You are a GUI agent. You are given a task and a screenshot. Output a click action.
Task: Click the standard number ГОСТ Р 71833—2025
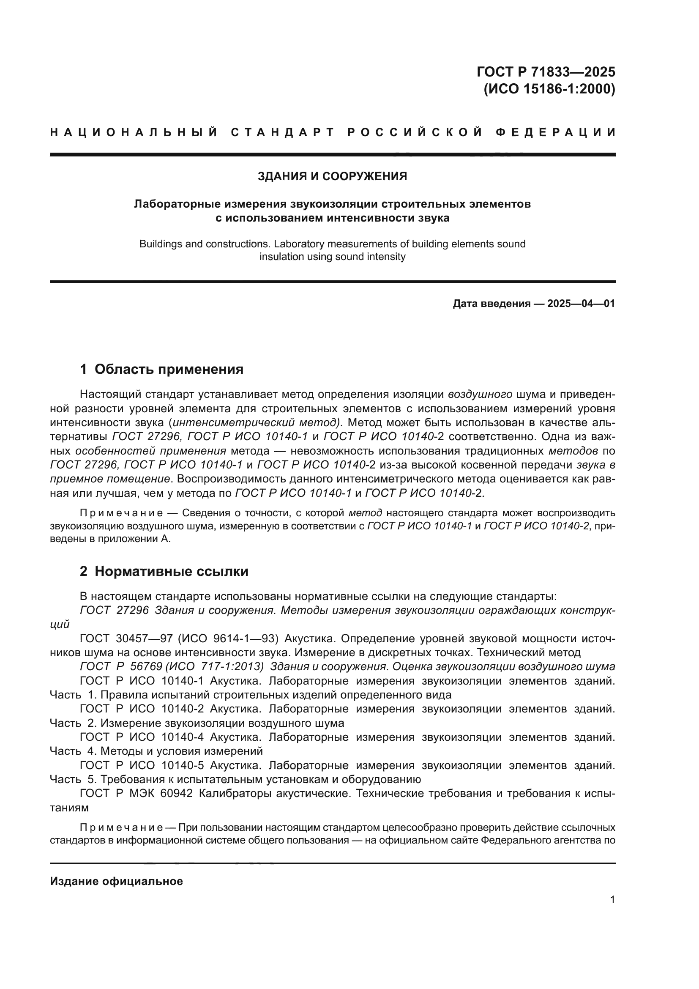(546, 71)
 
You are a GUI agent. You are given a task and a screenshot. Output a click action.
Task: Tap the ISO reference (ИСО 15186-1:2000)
(550, 89)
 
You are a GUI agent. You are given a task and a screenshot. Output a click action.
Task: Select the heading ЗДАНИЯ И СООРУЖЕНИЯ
(332, 176)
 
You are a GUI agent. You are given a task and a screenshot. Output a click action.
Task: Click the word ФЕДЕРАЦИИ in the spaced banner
(556, 132)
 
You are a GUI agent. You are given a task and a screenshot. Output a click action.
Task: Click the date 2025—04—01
(581, 304)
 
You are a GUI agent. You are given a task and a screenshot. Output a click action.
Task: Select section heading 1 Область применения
(162, 369)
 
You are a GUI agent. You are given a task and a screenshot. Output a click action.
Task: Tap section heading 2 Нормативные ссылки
(164, 572)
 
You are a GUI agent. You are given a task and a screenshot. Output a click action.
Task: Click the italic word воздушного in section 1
(480, 394)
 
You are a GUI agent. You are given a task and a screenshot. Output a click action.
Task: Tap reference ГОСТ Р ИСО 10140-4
(142, 737)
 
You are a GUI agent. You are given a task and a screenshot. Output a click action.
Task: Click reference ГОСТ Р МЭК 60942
(136, 793)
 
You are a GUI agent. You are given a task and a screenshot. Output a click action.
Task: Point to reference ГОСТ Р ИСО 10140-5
(142, 765)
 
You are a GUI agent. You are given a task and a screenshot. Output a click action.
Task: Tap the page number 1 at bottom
(612, 900)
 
